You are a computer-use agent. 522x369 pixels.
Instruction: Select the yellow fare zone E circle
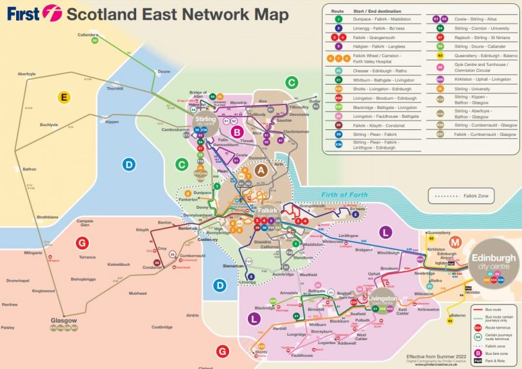click(x=64, y=97)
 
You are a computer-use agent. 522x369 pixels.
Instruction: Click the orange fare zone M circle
click(x=455, y=242)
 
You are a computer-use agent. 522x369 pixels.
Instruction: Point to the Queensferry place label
click(x=439, y=233)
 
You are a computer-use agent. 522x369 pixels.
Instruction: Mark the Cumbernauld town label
click(x=192, y=255)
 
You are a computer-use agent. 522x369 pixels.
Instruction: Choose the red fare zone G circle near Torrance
click(x=81, y=243)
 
